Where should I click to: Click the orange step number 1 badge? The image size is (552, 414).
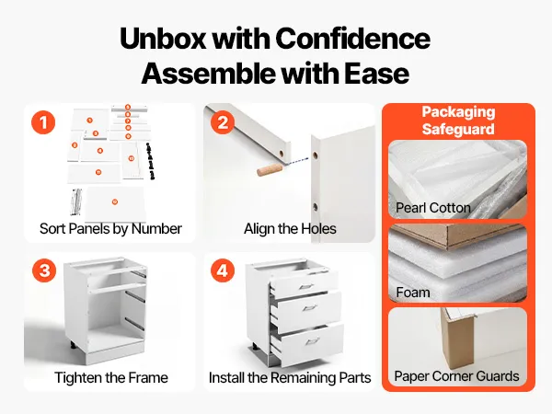click(x=43, y=122)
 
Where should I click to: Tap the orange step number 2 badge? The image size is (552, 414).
click(x=223, y=122)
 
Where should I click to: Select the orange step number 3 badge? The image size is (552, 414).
click(x=44, y=270)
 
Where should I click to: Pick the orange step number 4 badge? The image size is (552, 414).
click(x=223, y=270)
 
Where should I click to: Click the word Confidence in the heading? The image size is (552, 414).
click(x=352, y=38)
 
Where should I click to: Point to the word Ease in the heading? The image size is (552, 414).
click(x=376, y=74)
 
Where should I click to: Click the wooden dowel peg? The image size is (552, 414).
click(x=269, y=169)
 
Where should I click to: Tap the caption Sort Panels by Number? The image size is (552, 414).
click(x=110, y=229)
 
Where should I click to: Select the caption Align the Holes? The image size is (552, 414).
click(x=290, y=229)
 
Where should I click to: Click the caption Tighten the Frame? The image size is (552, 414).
click(x=111, y=378)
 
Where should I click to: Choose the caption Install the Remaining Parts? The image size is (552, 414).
click(x=290, y=378)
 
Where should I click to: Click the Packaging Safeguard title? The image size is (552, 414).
click(x=458, y=121)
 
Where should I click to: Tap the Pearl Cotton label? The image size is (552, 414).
click(x=433, y=208)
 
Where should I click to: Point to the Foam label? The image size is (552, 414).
click(x=413, y=293)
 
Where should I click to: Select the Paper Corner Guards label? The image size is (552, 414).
click(x=456, y=376)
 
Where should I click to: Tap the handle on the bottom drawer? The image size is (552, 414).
click(x=313, y=341)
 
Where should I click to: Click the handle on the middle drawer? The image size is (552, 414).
click(x=310, y=309)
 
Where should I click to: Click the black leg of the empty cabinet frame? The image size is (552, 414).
click(x=74, y=344)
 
